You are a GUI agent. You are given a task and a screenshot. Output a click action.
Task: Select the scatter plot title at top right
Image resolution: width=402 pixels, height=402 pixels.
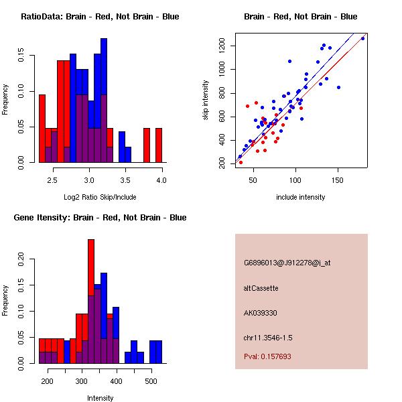300,16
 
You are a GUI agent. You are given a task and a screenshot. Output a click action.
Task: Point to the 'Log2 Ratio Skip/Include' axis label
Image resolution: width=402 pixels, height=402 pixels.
100,197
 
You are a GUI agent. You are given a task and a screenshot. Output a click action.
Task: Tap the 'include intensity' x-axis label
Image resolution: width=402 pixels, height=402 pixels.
300,197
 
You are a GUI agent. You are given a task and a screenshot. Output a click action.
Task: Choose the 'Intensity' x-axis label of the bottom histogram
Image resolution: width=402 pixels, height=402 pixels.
100,398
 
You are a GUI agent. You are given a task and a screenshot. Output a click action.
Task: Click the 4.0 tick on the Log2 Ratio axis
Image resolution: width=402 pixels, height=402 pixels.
161,181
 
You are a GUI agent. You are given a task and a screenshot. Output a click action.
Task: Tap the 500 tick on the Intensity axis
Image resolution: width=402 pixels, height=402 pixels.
151,382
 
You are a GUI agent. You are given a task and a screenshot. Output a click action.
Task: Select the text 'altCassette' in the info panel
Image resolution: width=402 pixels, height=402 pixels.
261,288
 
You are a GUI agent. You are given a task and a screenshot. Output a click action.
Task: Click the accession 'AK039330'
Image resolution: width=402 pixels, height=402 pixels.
261,313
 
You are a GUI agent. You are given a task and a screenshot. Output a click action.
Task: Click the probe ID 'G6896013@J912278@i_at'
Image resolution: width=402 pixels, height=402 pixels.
287,263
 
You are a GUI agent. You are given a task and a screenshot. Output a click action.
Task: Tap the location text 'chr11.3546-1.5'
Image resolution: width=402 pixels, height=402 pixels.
268,337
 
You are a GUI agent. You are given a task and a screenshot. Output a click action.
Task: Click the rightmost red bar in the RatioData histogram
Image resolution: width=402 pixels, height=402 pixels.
159,145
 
